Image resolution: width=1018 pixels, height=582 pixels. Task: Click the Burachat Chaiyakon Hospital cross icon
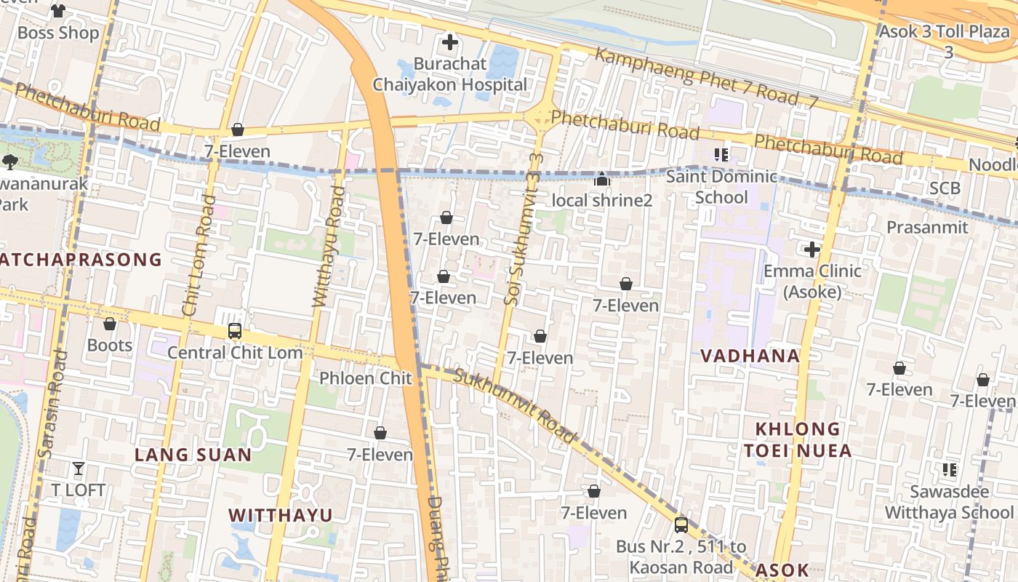450,42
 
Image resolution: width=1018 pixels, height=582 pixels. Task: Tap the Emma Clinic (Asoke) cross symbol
811,250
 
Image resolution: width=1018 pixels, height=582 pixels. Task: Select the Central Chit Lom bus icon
235,331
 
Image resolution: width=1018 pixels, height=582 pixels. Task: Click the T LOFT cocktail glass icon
79,469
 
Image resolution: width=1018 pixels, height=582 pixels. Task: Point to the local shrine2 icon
602,179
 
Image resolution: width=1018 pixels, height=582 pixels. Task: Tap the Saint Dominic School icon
721,154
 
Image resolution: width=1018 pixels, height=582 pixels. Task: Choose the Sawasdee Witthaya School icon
949,470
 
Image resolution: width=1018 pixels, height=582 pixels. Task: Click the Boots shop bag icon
110,324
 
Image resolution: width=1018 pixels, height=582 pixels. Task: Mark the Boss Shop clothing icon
58,11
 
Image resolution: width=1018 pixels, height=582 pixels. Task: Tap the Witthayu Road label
328,246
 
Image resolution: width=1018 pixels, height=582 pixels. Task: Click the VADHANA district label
750,356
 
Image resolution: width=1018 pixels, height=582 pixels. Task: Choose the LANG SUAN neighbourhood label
193,455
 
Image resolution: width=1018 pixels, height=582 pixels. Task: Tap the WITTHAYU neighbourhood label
281,515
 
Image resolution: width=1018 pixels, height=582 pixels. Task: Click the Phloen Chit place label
366,378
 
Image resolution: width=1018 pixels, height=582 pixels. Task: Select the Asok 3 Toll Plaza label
944,33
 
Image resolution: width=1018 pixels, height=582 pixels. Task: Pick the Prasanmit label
927,227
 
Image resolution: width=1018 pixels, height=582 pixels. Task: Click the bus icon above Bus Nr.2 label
681,525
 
